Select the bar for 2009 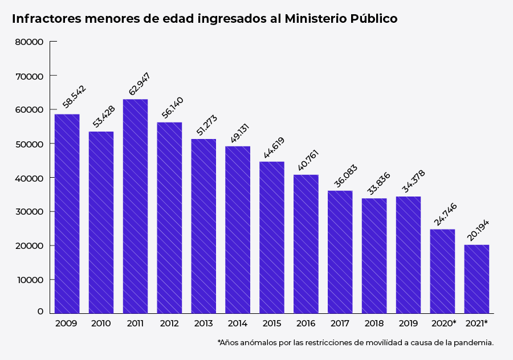(67, 214)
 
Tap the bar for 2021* (477, 279)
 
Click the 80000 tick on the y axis (30, 42)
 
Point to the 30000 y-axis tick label (30, 212)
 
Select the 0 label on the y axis (40, 312)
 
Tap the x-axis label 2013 (203, 323)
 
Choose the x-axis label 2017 (340, 323)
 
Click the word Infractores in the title (46, 18)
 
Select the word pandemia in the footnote (474, 343)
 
